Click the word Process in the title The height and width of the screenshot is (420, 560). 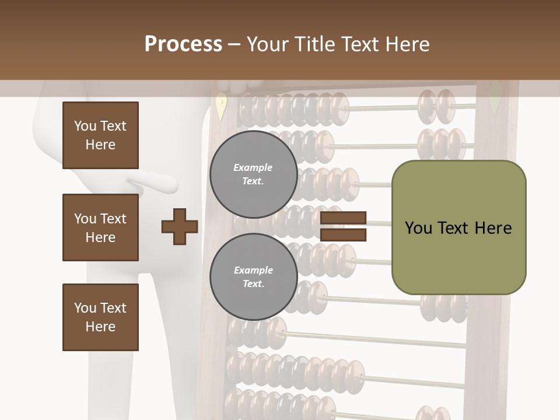tap(183, 44)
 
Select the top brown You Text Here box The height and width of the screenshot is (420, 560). tap(100, 135)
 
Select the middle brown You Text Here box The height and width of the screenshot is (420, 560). tap(100, 228)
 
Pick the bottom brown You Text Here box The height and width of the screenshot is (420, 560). tap(100, 317)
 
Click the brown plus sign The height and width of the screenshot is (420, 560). tap(180, 226)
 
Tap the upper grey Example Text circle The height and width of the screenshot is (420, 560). tap(253, 174)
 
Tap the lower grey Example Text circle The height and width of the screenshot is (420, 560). tap(253, 277)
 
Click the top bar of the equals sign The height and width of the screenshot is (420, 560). tap(343, 218)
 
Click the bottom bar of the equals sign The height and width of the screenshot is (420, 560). tap(343, 235)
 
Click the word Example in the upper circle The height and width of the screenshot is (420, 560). tap(253, 168)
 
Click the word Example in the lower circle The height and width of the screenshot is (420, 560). tap(253, 271)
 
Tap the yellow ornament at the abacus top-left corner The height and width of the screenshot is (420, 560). tap(220, 106)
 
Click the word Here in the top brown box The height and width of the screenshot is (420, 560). tap(100, 145)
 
